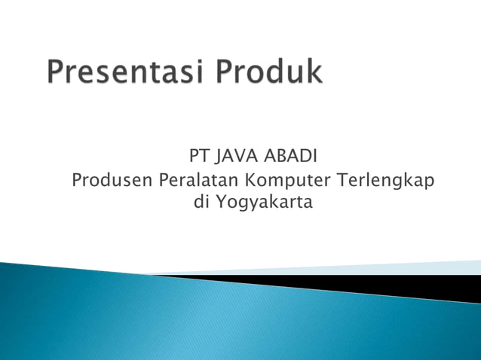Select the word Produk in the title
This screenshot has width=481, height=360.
coord(270,74)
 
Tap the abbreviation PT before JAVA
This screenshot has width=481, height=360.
coord(198,157)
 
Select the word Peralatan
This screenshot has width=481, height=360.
coord(199,181)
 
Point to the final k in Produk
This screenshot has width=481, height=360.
coord(314,73)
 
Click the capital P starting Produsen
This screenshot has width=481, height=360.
coord(75,181)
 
